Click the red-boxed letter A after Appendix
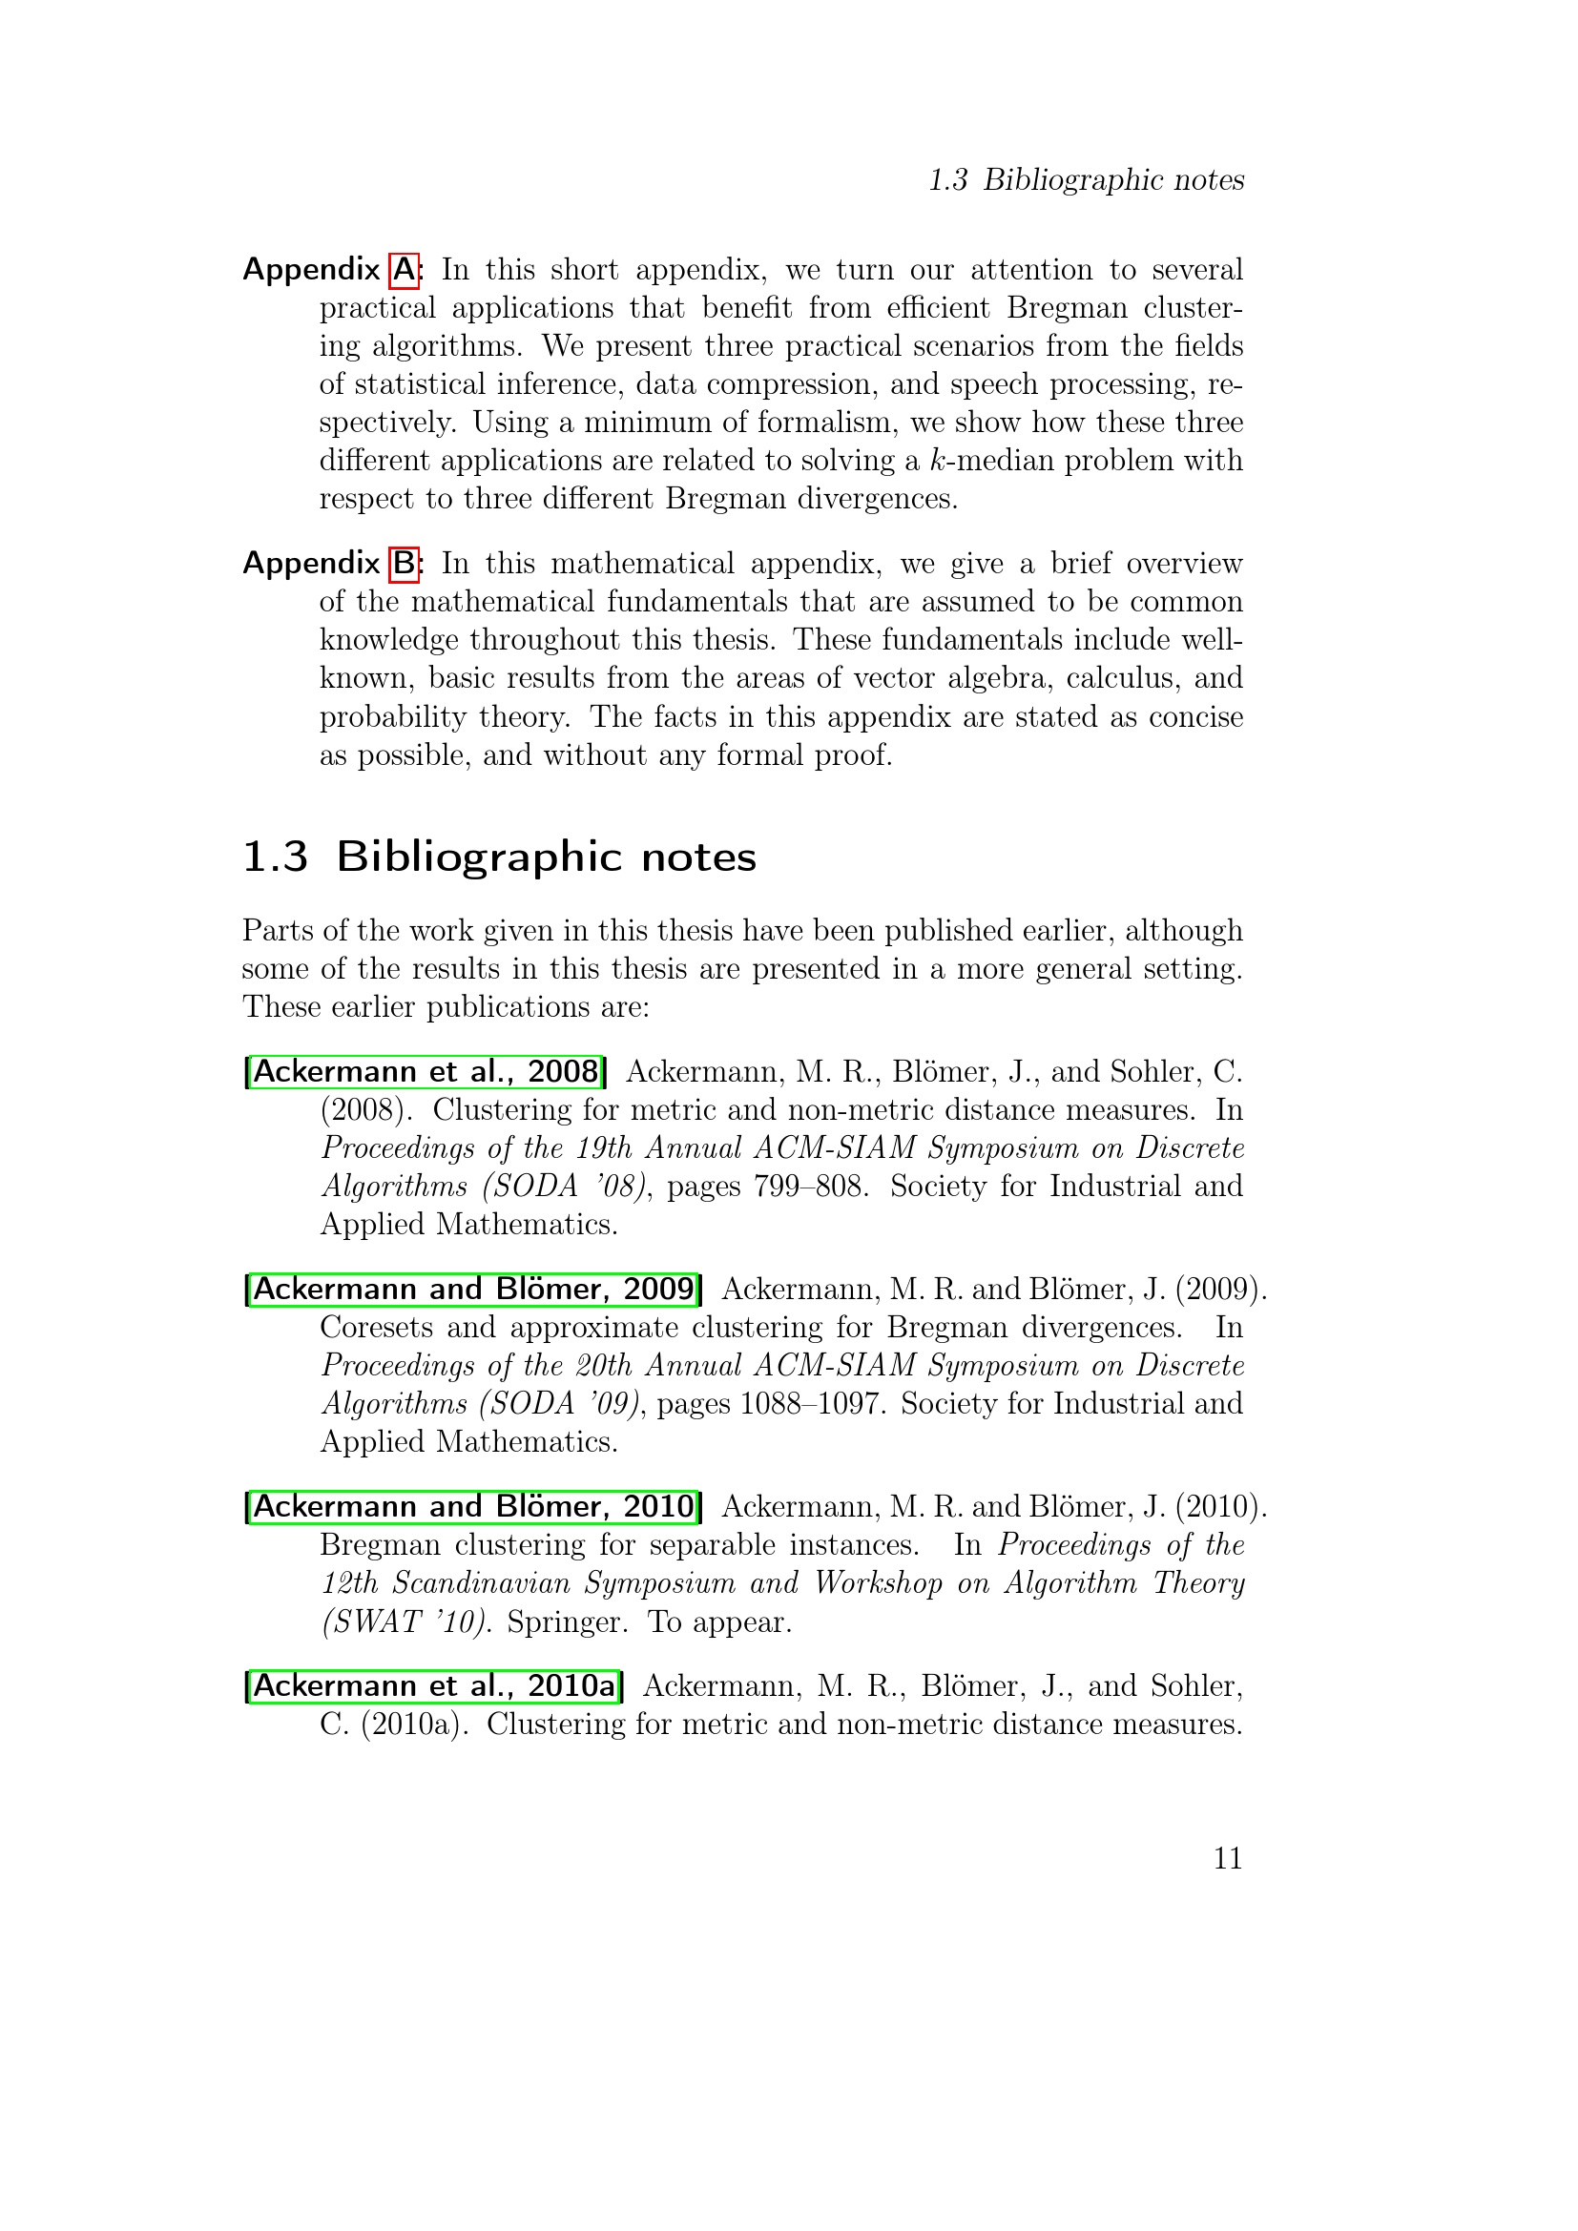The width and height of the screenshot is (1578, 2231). click(404, 270)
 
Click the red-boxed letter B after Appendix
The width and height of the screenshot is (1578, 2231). click(404, 564)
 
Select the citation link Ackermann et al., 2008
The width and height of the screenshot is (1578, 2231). click(426, 1072)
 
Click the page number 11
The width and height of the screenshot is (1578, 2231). click(1227, 1858)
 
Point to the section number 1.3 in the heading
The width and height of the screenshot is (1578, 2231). click(275, 857)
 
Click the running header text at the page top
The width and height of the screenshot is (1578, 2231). click(1086, 179)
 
